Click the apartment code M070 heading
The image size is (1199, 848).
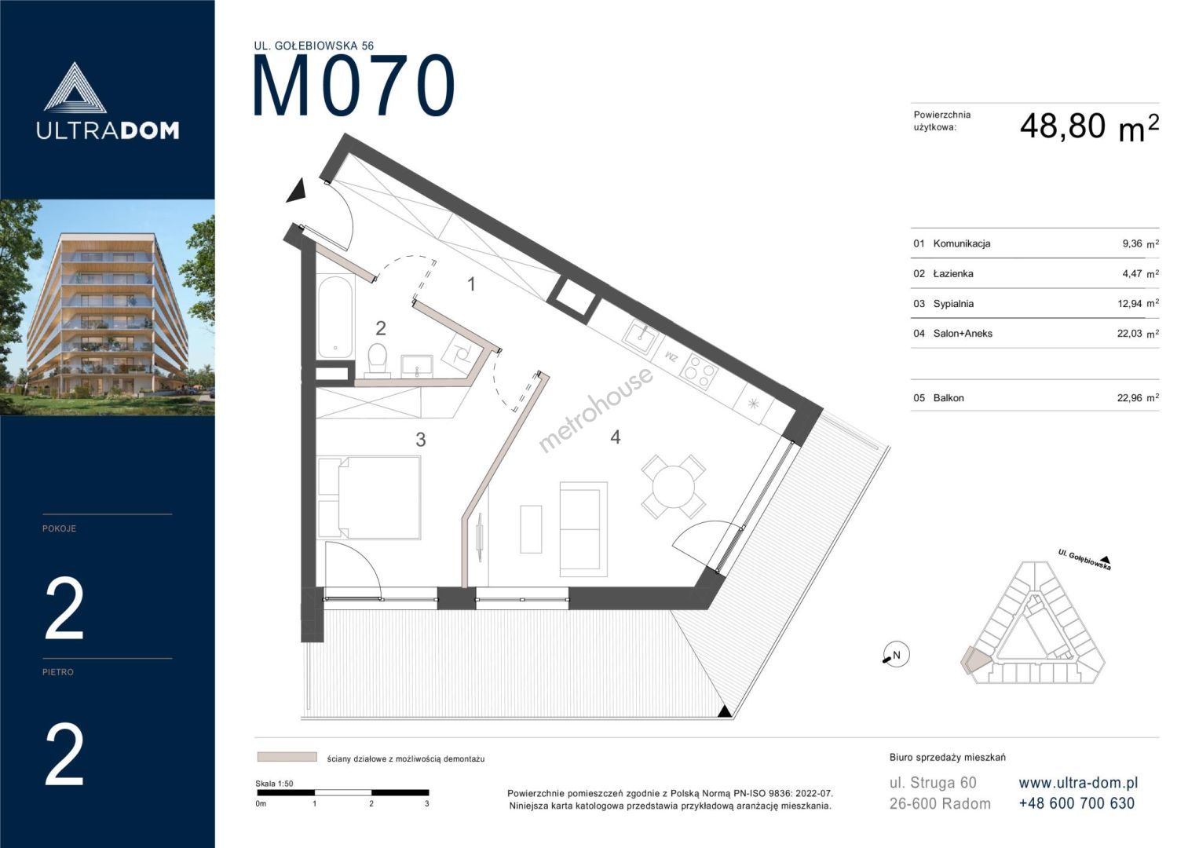[x=354, y=86]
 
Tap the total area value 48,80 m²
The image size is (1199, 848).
[x=1089, y=127]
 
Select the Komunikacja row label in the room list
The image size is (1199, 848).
[x=961, y=243]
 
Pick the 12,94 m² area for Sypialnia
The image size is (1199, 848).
[x=1138, y=304]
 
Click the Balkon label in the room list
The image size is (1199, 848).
[x=949, y=398]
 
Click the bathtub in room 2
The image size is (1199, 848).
[x=335, y=317]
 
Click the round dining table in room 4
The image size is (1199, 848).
[x=674, y=487]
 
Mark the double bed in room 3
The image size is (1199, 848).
[x=369, y=497]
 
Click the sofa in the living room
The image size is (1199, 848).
[x=583, y=529]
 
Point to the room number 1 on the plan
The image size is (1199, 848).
[x=471, y=284]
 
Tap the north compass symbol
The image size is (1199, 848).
[x=895, y=654]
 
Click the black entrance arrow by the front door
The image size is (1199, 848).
[x=297, y=191]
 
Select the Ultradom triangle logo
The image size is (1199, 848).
[x=75, y=88]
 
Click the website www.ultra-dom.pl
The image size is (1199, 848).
[x=1078, y=783]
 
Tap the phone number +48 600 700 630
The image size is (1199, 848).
[x=1077, y=803]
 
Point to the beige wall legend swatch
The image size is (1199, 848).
[x=287, y=757]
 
